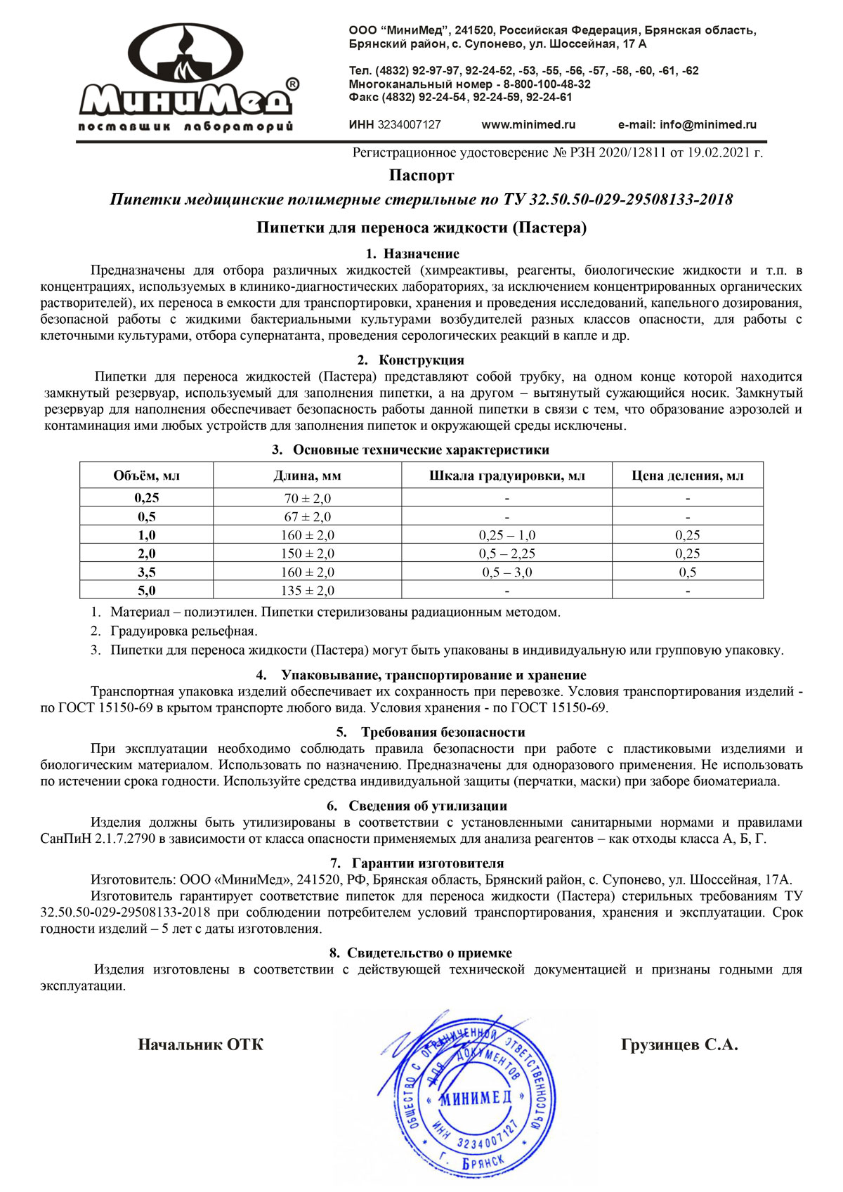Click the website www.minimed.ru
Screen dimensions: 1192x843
coord(528,125)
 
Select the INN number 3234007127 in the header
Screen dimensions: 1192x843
coord(409,125)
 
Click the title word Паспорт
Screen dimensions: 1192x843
coord(421,175)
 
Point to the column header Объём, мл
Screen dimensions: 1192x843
coord(146,476)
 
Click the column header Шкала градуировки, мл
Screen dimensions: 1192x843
coord(507,476)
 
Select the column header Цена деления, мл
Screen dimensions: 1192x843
coord(687,476)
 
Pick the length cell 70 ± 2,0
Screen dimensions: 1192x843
coord(307,498)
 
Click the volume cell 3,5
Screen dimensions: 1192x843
coord(146,572)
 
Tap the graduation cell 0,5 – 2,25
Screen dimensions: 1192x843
coord(507,554)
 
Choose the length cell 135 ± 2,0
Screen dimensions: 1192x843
coord(307,591)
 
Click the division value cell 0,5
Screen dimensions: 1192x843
coord(687,572)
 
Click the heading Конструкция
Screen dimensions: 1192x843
coord(421,360)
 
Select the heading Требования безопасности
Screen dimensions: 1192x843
coord(443,732)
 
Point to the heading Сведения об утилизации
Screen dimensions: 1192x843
coord(427,806)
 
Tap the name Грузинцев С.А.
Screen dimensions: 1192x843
coord(679,1044)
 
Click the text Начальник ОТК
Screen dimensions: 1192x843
coord(201,1044)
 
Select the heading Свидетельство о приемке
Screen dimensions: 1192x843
coord(429,953)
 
